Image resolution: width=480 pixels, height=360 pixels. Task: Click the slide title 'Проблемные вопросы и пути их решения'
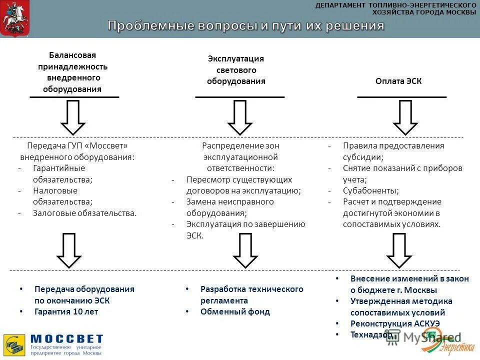click(246, 25)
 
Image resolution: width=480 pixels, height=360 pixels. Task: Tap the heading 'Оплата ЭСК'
click(398, 81)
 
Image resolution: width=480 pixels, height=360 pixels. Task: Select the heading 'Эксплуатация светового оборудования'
click(236, 70)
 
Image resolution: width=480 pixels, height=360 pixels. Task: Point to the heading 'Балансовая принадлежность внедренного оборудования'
click(73, 72)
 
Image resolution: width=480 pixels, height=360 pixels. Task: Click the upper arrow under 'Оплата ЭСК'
click(404, 117)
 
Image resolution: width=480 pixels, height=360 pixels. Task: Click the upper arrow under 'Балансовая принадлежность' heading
click(73, 117)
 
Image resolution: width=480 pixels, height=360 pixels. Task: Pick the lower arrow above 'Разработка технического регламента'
click(245, 250)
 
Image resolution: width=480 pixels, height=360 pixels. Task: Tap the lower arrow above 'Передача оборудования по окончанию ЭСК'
click(69, 250)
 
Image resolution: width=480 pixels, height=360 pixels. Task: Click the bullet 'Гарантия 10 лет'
click(66, 311)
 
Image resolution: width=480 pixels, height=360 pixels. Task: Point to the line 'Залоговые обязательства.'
click(84, 213)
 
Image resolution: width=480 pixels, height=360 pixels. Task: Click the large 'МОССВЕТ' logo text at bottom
click(66, 339)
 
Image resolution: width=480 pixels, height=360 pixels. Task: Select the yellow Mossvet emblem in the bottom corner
click(14, 345)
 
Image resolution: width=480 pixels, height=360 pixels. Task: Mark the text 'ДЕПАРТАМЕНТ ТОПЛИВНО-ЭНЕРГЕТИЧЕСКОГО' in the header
click(395, 5)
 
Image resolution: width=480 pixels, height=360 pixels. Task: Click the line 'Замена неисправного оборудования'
click(230, 207)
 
